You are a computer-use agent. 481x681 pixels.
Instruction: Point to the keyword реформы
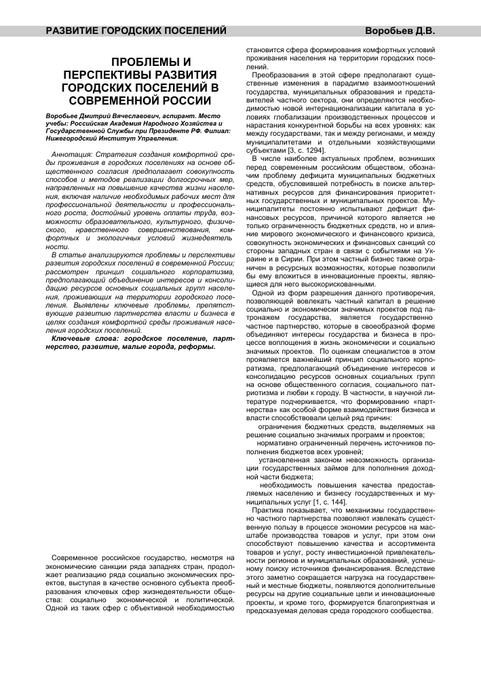click(193, 346)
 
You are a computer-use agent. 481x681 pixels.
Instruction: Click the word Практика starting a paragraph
click(269, 509)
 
